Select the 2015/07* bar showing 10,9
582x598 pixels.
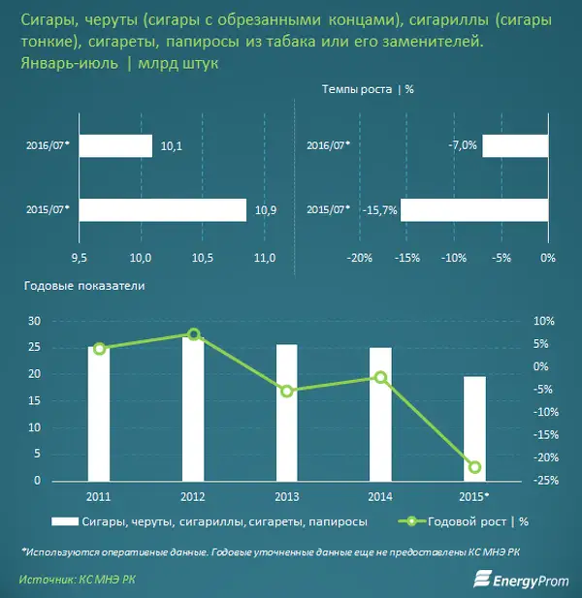point(164,209)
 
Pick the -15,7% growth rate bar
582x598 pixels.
point(474,209)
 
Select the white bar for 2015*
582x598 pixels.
point(474,428)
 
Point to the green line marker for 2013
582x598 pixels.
point(287,391)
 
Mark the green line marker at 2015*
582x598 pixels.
point(475,467)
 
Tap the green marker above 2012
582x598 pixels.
point(193,334)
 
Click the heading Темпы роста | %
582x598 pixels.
point(368,88)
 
